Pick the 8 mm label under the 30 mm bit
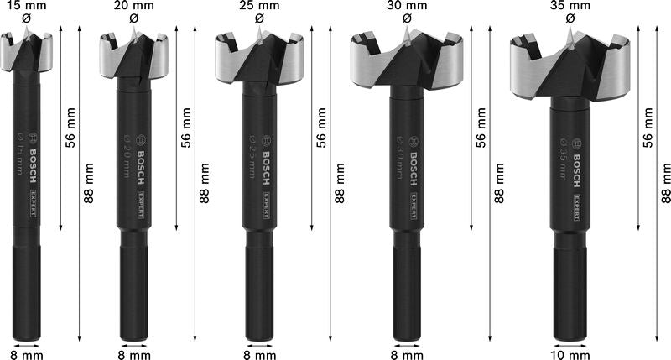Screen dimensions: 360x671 click(x=407, y=352)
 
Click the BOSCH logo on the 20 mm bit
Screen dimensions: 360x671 click(x=140, y=155)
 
